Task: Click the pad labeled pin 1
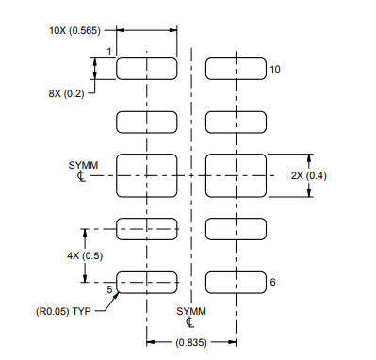[x=147, y=68]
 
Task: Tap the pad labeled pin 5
[x=147, y=281]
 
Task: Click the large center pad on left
[x=147, y=175]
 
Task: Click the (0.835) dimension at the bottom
[x=191, y=342]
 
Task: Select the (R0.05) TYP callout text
[x=64, y=311]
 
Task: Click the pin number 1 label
[x=109, y=51]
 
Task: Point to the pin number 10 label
[x=275, y=69]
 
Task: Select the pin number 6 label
[x=272, y=282]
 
